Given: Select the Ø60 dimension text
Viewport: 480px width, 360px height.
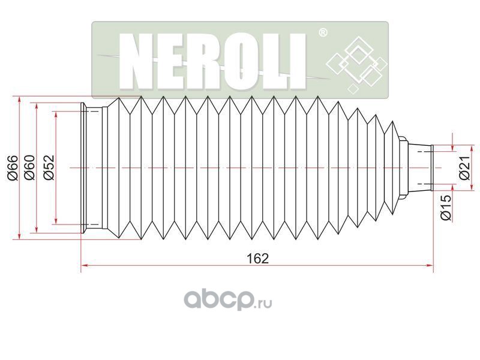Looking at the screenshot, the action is point(30,168).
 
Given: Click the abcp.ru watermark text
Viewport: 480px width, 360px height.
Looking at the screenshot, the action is point(228,298).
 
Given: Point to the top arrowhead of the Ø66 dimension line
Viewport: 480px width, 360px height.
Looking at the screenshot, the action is point(19,98).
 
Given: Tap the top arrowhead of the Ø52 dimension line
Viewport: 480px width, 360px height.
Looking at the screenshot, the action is point(56,113).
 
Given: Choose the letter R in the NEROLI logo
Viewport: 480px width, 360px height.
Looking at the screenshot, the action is point(208,59).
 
